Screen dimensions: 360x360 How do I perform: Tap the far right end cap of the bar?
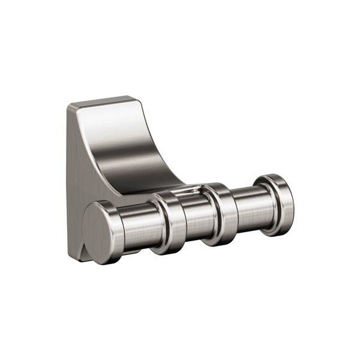[x=279, y=201]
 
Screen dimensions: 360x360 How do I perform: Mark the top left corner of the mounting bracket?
[x=68, y=106]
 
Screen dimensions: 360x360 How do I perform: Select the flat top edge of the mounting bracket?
[x=99, y=101]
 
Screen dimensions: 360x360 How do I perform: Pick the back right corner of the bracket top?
[x=133, y=96]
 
